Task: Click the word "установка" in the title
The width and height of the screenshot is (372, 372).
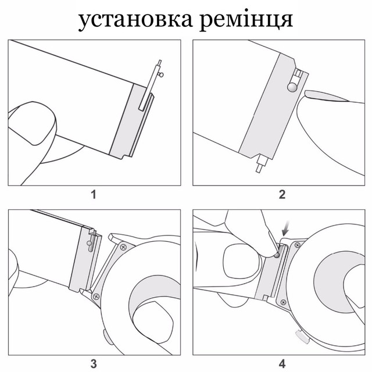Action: click(135, 20)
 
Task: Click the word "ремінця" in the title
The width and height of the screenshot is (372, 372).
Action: click(246, 20)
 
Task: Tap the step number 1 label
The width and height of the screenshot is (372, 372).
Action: click(94, 195)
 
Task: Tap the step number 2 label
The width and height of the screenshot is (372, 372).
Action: click(282, 195)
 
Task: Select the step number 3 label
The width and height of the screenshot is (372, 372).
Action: click(94, 364)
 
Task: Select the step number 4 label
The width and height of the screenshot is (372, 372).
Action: click(282, 364)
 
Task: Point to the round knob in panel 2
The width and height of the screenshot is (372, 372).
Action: click(292, 87)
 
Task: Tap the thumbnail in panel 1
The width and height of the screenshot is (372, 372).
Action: click(33, 123)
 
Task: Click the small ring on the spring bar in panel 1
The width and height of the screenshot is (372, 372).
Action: click(162, 75)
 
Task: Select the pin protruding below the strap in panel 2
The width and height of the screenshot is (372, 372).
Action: click(261, 163)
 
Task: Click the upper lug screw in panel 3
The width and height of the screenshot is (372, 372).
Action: click(123, 247)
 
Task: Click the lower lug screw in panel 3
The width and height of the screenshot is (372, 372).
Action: click(96, 296)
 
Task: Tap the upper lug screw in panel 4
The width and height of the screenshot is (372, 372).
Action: click(297, 245)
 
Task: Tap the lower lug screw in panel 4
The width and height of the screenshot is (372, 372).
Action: click(283, 302)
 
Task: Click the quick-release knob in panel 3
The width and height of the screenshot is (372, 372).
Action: click(89, 243)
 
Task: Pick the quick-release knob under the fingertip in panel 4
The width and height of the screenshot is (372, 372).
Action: click(277, 255)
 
